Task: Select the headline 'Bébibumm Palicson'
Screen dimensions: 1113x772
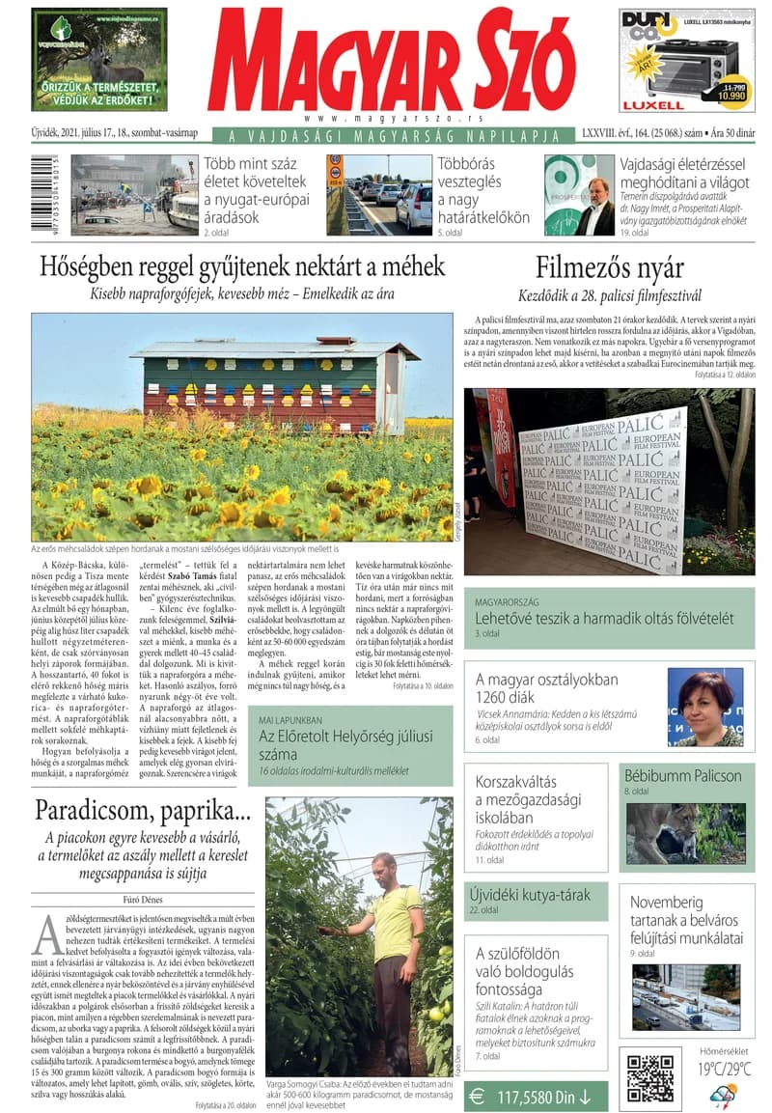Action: [682, 775]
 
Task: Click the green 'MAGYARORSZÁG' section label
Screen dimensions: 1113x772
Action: [513, 601]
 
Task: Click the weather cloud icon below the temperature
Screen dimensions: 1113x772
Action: [724, 1095]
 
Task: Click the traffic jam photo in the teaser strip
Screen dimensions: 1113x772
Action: [378, 194]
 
